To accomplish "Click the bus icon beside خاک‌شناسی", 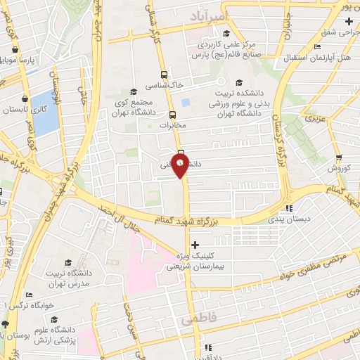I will coord(164,75).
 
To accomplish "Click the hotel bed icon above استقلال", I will coord(318,47).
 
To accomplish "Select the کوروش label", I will coord(339,168).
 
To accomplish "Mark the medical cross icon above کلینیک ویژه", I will coord(195,244).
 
